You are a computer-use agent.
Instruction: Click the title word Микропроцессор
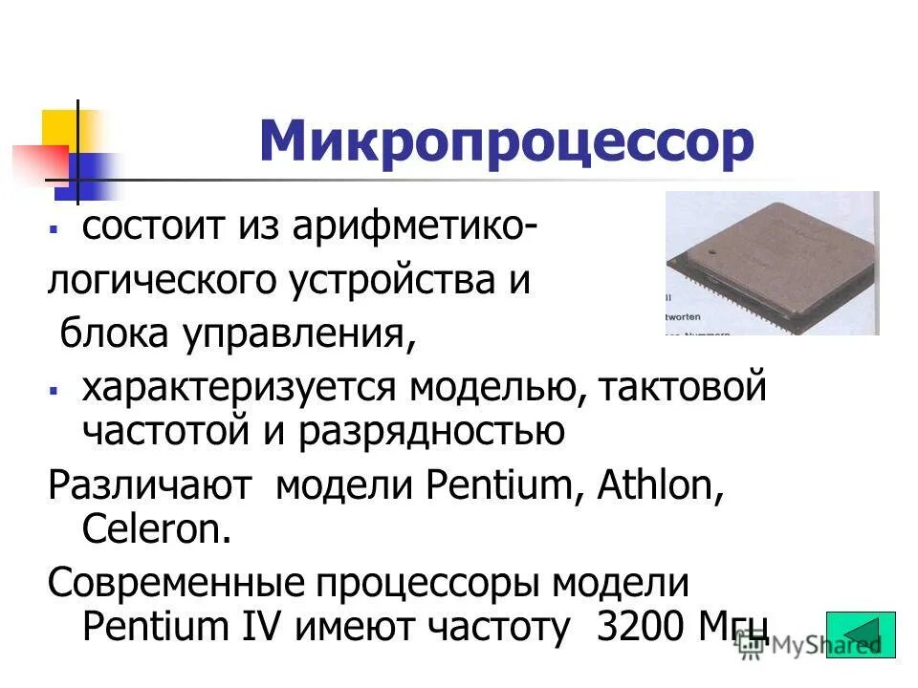[x=506, y=142]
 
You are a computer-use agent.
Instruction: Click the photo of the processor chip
[x=772, y=263]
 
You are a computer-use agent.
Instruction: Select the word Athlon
[x=659, y=486]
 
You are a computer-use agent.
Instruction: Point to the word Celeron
[x=157, y=529]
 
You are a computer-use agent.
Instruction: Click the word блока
[x=106, y=334]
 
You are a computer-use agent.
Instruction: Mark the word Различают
[x=148, y=486]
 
